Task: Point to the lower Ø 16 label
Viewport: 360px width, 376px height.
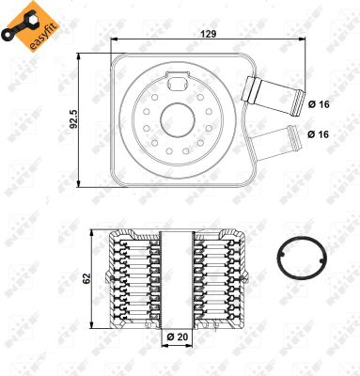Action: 317,134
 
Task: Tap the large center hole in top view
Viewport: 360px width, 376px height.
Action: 175,119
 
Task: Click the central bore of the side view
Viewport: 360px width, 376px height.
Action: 177,282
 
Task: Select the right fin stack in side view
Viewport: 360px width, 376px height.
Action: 219,282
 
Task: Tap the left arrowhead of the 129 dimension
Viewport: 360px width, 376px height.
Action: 115,40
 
